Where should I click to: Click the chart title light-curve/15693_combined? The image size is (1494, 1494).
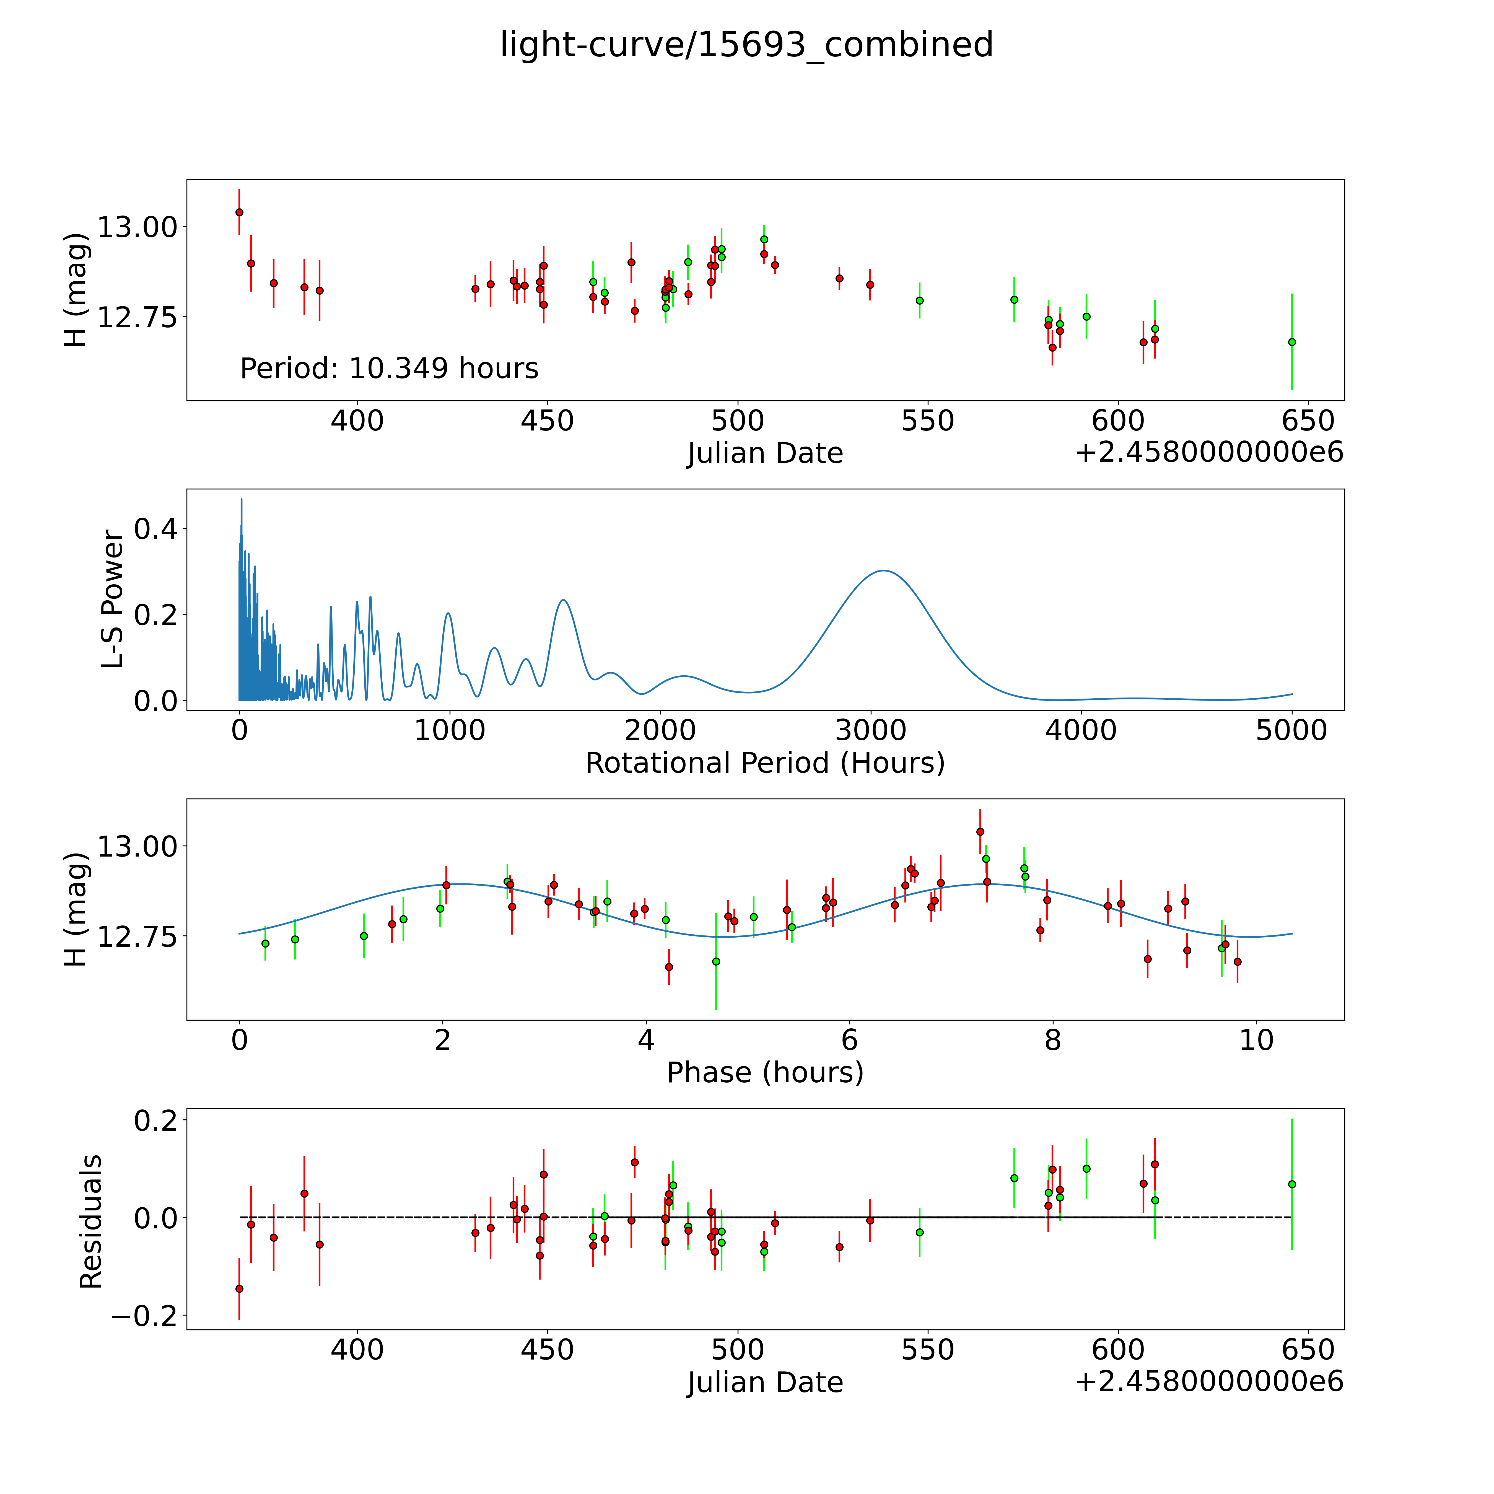(x=746, y=45)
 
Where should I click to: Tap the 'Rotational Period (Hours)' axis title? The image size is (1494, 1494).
(x=765, y=763)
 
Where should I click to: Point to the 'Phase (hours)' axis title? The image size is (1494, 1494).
(x=765, y=1073)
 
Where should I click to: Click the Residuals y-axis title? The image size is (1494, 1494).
(x=91, y=1222)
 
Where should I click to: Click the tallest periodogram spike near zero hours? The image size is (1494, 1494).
(x=241, y=500)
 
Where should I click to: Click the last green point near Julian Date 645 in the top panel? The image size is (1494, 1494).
(x=1291, y=342)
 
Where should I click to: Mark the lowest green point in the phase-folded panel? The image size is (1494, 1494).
(x=716, y=961)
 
